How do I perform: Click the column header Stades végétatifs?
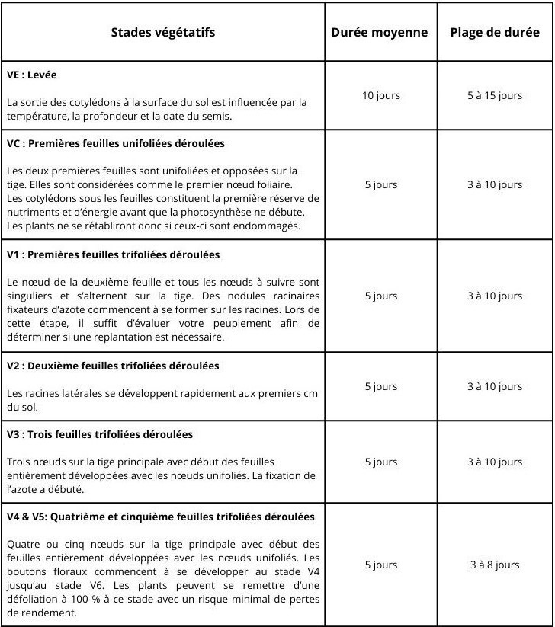[163, 33]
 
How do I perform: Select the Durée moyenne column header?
[380, 33]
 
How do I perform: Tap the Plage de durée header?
[495, 33]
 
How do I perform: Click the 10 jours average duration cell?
[380, 95]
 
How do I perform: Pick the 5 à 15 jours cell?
[495, 95]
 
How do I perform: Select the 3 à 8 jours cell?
[495, 565]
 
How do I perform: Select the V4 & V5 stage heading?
[160, 517]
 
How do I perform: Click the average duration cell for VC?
[380, 184]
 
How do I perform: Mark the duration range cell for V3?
[495, 462]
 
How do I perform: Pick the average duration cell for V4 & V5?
[380, 565]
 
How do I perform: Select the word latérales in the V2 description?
[75, 393]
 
